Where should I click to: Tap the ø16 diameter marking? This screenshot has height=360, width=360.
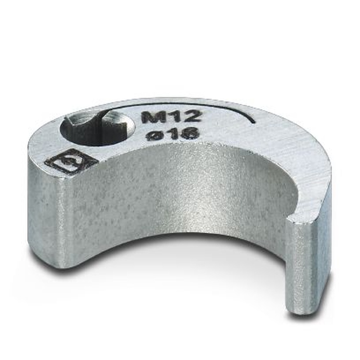coord(172,134)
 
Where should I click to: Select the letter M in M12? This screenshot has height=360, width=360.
coord(150,117)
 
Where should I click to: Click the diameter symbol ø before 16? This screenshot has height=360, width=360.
coord(153,136)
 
